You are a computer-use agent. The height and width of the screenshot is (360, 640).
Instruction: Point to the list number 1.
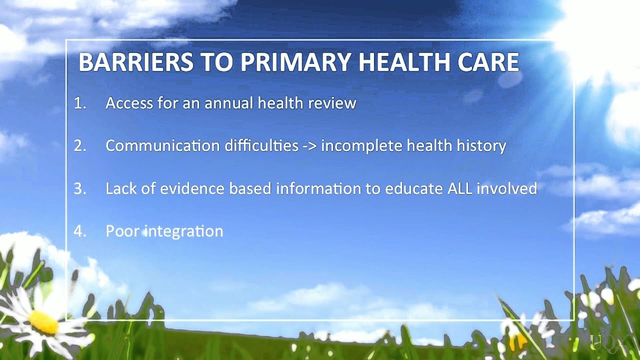(79, 103)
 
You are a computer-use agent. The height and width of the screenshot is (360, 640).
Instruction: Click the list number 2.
(79, 146)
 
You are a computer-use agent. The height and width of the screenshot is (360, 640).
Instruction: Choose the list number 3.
(79, 188)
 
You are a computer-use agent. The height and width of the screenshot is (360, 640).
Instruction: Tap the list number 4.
(79, 231)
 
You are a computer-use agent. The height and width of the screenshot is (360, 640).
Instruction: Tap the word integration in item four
(183, 231)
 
